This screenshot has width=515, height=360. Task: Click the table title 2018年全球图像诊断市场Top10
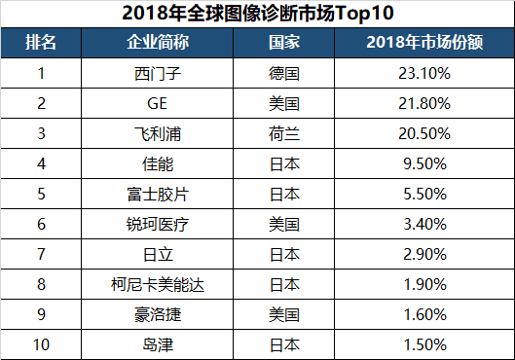pyautogui.click(x=257, y=14)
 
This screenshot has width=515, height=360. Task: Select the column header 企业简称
pyautogui.click(x=158, y=45)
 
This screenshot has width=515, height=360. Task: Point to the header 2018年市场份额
pyautogui.click(x=423, y=45)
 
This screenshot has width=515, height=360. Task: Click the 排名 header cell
pyautogui.click(x=41, y=45)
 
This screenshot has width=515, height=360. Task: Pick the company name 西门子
pyautogui.click(x=158, y=73)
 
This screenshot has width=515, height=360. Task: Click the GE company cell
pyautogui.click(x=158, y=103)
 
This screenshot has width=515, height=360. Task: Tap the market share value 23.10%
pyautogui.click(x=423, y=73)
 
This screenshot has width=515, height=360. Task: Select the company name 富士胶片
pyautogui.click(x=158, y=194)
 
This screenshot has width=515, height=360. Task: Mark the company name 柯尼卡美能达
pyautogui.click(x=158, y=284)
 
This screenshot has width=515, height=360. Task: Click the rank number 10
pyautogui.click(x=41, y=344)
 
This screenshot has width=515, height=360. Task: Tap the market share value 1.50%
pyautogui.click(x=423, y=344)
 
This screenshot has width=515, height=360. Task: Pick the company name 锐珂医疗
pyautogui.click(x=158, y=224)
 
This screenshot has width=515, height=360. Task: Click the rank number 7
pyautogui.click(x=41, y=254)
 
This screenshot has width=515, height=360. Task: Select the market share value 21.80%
pyautogui.click(x=423, y=103)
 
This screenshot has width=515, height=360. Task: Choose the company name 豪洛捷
pyautogui.click(x=158, y=314)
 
